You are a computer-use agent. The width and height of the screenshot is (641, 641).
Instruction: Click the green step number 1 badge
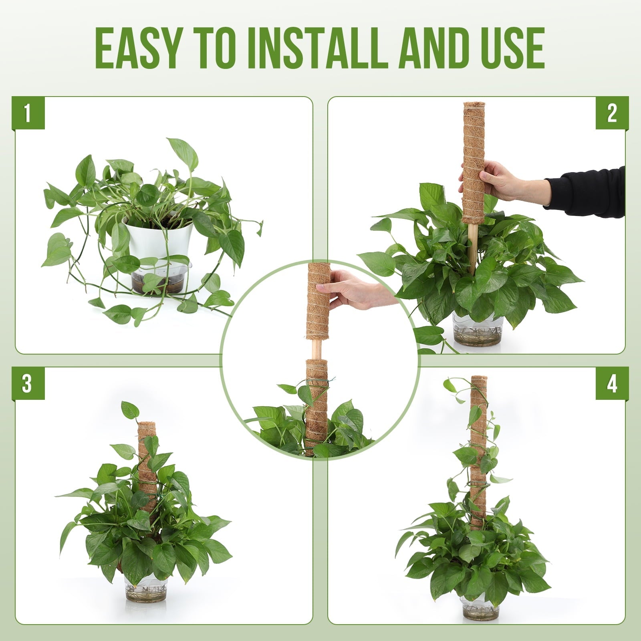28,113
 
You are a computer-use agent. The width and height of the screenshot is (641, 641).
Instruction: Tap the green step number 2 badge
612,113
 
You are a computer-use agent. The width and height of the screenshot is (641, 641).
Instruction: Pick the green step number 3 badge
28,383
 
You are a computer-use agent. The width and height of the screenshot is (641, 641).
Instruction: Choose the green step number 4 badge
612,383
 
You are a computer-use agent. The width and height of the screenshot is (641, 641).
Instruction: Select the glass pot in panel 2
477,329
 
